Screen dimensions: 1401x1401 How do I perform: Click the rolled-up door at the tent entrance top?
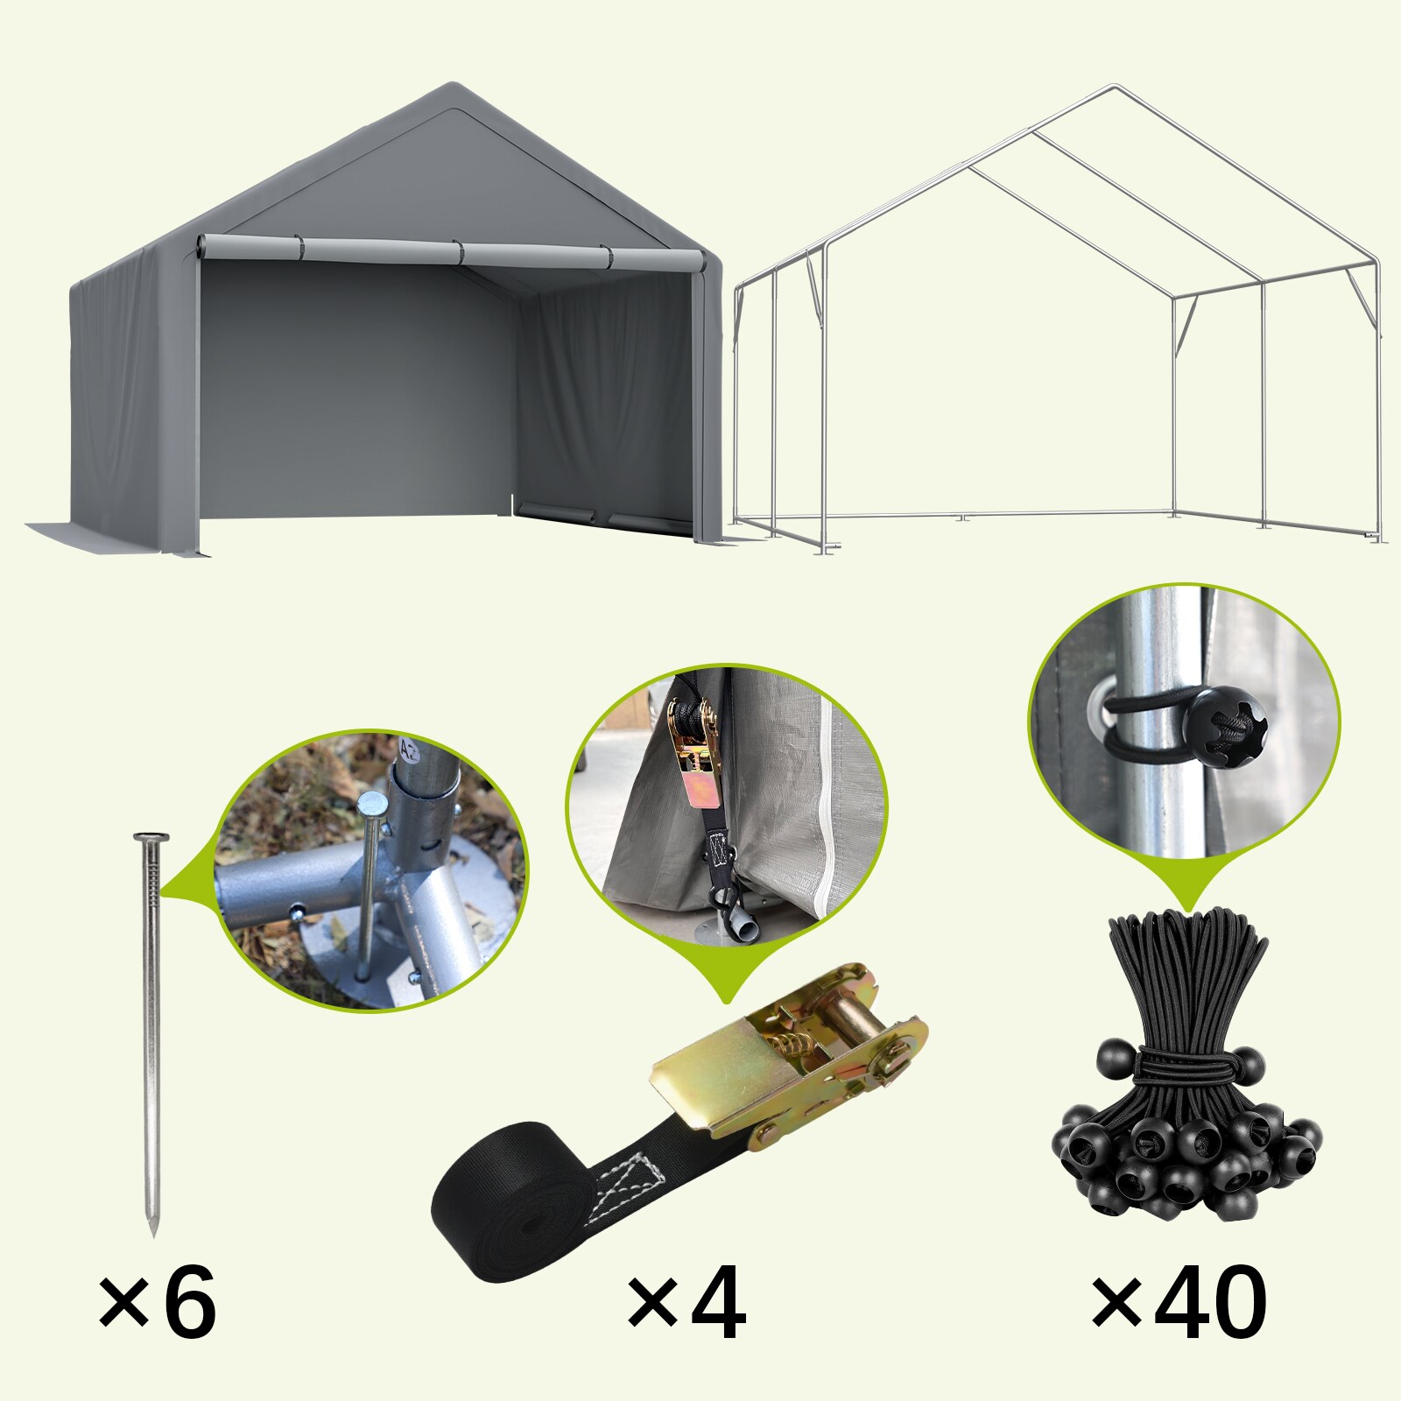[451, 252]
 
